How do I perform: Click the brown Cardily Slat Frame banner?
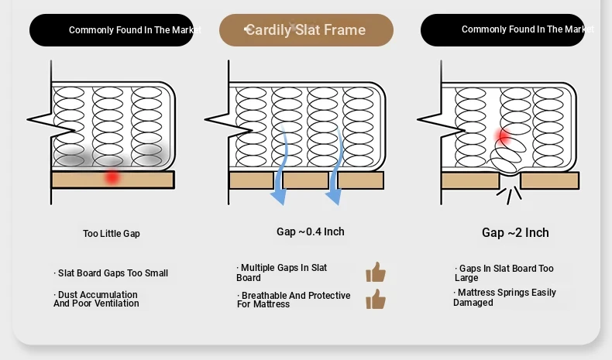click(x=306, y=30)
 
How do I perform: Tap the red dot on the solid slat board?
click(x=112, y=177)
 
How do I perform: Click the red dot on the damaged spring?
click(x=504, y=136)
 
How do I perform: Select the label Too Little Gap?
click(x=112, y=234)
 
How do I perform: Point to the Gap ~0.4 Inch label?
click(x=311, y=231)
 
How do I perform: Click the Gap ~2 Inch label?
click(x=515, y=233)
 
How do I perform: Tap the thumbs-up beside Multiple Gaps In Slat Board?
click(x=376, y=272)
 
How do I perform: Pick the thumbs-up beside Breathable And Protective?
click(x=376, y=299)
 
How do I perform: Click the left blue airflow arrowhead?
click(x=279, y=197)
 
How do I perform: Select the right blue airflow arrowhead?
click(x=334, y=197)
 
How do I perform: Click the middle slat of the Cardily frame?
click(x=305, y=180)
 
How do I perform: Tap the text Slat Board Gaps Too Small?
click(x=113, y=273)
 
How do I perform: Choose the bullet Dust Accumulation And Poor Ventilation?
click(x=96, y=299)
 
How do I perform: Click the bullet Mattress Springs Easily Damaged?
click(x=504, y=297)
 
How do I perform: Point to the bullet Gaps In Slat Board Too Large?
click(x=504, y=273)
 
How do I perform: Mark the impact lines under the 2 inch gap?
click(x=509, y=195)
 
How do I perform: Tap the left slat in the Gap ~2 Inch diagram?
click(x=470, y=181)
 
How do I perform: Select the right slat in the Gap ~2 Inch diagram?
click(x=550, y=181)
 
